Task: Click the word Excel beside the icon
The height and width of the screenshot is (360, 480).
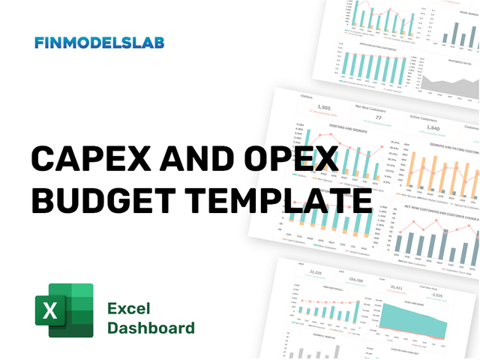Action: pos(129,308)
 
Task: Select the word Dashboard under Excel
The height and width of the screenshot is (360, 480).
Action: pos(151,328)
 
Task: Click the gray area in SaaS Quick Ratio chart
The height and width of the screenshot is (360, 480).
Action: pos(450,86)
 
